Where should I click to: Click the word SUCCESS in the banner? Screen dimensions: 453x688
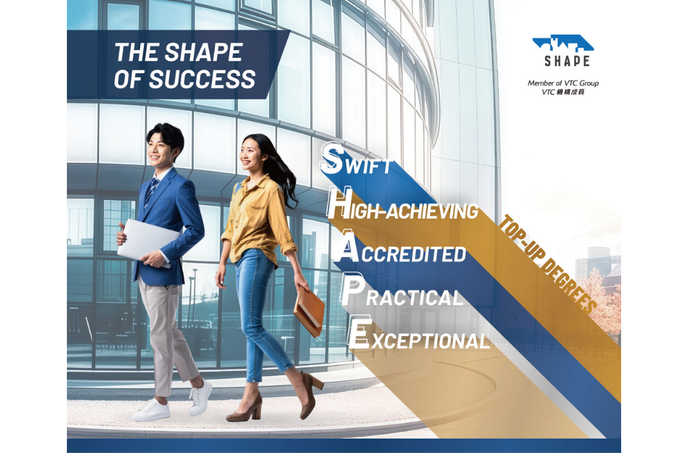(202, 79)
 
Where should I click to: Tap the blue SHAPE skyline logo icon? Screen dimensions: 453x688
(563, 44)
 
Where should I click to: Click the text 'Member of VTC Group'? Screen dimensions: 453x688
(563, 84)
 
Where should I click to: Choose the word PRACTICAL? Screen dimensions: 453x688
(401, 296)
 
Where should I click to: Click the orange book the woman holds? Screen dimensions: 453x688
(309, 312)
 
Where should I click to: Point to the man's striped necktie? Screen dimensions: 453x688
(152, 190)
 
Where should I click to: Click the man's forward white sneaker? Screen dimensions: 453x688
(150, 411)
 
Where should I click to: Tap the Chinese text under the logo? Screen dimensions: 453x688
(563, 92)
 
